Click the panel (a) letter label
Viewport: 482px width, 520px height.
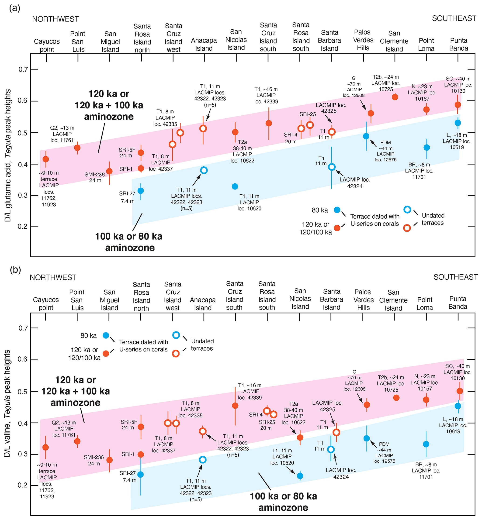(15, 8)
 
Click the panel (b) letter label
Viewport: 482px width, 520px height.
(15, 270)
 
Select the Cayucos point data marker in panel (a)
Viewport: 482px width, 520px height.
(46, 159)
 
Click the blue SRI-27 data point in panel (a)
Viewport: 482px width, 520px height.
(141, 191)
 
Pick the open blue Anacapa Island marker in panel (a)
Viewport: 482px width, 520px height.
(204, 170)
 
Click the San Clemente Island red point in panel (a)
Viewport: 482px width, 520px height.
(395, 97)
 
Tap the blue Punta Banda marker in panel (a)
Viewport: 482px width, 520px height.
(458, 123)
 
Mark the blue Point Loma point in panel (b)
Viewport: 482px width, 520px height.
(426, 444)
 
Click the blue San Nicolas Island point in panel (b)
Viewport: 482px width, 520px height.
(300, 476)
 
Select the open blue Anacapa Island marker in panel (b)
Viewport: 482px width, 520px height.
(203, 460)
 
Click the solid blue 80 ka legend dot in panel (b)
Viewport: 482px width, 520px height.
(106, 335)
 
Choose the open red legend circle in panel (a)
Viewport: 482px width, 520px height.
(407, 228)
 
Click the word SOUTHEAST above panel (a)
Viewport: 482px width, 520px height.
(454, 18)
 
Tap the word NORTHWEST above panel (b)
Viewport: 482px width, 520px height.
(53, 277)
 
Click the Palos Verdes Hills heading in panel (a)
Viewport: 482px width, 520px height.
(363, 40)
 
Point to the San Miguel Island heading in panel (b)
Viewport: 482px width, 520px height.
(109, 300)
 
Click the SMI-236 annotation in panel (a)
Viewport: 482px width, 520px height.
(94, 177)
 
